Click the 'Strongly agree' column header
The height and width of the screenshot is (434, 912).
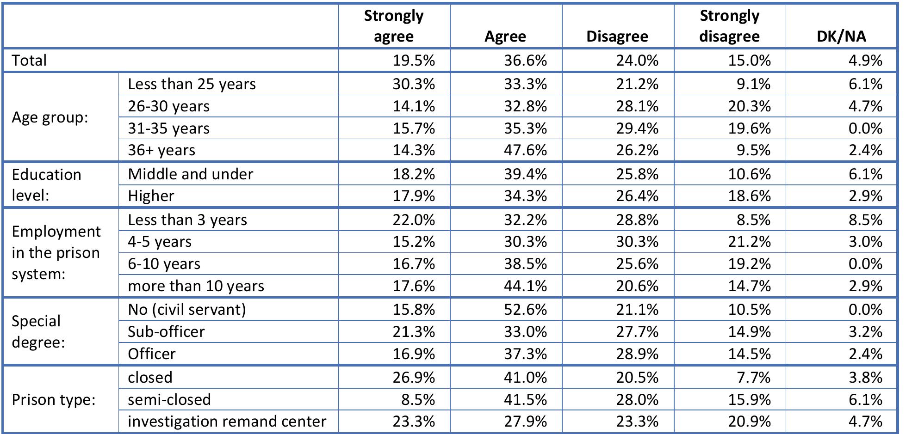[x=393, y=26]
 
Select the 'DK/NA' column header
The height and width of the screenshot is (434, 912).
[x=841, y=37]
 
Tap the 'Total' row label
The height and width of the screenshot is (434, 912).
[x=30, y=61]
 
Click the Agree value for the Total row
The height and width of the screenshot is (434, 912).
[x=525, y=61]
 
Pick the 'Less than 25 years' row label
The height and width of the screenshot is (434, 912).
[x=192, y=84]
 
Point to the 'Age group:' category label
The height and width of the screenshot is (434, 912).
[x=50, y=117]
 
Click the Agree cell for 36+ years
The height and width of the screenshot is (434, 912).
[x=525, y=150]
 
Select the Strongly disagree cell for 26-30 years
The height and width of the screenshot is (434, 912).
[x=749, y=106]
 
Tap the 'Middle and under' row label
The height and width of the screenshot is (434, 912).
[x=191, y=174]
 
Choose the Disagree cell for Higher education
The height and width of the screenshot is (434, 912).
[x=637, y=196]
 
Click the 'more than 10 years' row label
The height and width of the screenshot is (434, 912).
[x=196, y=286]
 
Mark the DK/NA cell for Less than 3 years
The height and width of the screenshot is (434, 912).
[x=865, y=220]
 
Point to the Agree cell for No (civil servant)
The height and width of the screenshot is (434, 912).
[x=525, y=310]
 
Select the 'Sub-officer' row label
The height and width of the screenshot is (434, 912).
[x=166, y=332]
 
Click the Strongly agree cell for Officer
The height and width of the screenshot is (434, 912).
[x=414, y=354]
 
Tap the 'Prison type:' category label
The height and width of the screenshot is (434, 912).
[x=54, y=399]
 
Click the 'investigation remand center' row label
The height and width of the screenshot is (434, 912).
[x=227, y=422]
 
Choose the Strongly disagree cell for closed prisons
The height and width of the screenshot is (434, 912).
[x=755, y=378]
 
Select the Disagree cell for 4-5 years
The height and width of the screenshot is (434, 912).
[x=637, y=242]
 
